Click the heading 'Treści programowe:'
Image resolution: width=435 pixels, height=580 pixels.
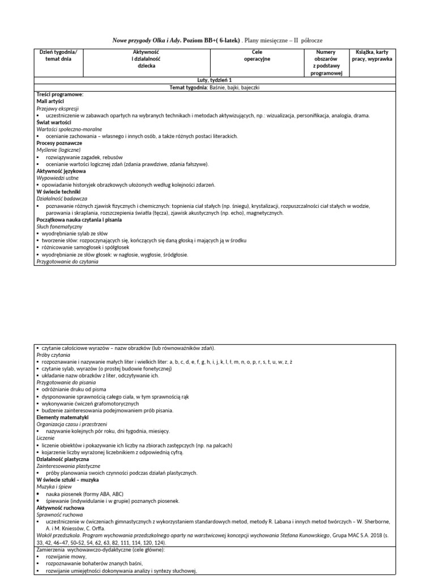(x=60, y=94)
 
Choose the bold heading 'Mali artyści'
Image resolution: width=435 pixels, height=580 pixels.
(x=50, y=101)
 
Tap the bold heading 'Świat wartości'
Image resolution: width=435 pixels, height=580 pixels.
(x=53, y=122)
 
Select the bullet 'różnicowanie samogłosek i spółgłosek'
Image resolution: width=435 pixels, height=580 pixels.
(x=85, y=248)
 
